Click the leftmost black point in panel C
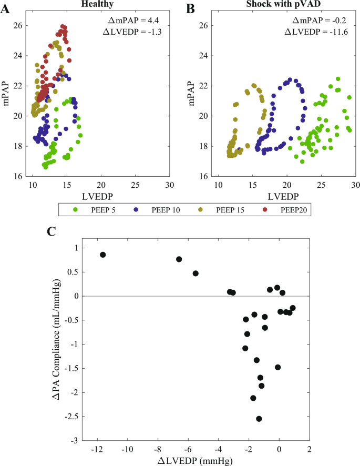103,255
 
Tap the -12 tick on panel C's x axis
97,450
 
